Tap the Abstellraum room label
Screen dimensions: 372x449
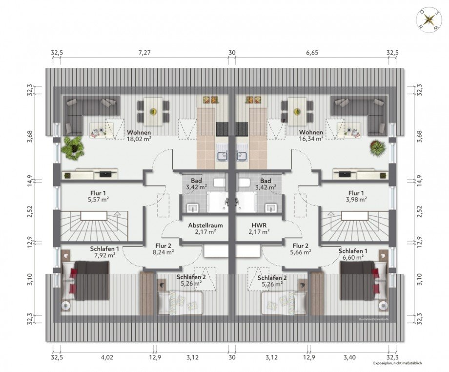(205, 226)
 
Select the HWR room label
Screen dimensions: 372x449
(259, 226)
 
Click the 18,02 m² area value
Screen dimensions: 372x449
(139, 139)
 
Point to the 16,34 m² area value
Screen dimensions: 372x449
(311, 139)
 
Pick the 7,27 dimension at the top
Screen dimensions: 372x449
(145, 53)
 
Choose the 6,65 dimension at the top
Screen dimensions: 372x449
(311, 53)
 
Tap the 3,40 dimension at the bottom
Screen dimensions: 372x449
(349, 358)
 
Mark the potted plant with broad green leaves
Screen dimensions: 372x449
(72, 146)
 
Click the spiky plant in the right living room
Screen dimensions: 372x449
(377, 147)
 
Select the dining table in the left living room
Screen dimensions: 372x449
(153, 111)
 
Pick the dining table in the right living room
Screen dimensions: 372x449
(297, 111)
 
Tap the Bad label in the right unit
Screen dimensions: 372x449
(265, 180)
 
